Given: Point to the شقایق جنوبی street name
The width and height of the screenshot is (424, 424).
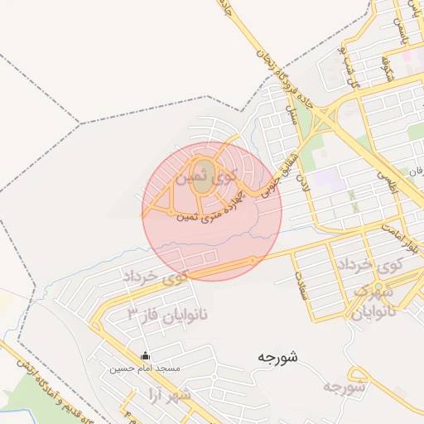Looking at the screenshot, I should point(270,175).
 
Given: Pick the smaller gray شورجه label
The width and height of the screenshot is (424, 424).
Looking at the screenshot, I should point(344,387).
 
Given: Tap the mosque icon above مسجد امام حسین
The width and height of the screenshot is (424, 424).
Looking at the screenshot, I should point(146,356).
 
